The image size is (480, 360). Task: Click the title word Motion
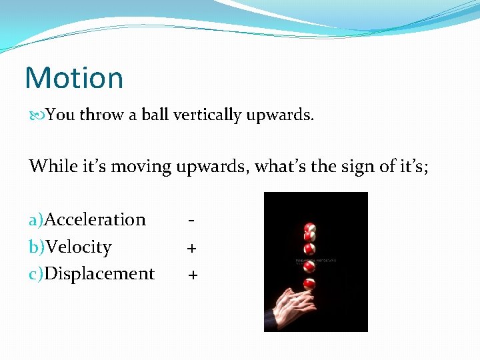(x=74, y=77)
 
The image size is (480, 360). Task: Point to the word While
(x=50, y=166)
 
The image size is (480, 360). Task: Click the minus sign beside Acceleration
(x=191, y=219)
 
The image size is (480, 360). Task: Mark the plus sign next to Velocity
(x=191, y=249)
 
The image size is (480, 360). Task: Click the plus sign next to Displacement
(x=193, y=275)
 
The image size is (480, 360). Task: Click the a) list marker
(x=36, y=219)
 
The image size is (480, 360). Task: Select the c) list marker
(x=36, y=274)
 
